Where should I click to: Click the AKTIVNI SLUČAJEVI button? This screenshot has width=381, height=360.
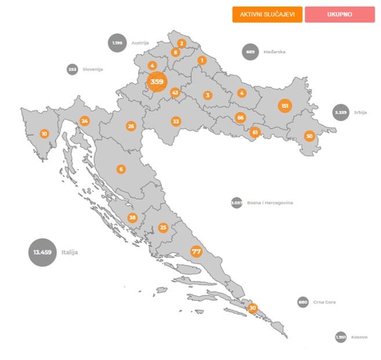point(267,14)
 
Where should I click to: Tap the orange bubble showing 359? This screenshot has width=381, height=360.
point(157,82)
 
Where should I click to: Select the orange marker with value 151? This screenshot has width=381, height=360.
point(284,106)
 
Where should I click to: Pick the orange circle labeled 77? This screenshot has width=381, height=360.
point(196,252)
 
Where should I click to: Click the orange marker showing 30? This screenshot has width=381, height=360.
point(252,308)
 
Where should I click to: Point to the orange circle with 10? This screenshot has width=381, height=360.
point(44,134)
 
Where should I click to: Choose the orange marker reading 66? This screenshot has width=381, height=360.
point(240,118)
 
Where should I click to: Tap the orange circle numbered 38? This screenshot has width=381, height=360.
point(132,218)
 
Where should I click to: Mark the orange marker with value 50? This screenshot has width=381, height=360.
point(309,136)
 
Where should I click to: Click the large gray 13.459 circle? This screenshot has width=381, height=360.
point(43,252)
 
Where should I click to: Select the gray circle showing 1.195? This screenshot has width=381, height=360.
point(118,43)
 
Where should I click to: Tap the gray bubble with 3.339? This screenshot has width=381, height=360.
point(341,112)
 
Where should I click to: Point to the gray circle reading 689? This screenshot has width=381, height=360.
point(251,52)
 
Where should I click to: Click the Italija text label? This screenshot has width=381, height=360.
point(70,253)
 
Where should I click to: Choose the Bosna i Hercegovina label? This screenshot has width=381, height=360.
point(270,203)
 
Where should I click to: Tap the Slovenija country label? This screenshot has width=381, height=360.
point(92,70)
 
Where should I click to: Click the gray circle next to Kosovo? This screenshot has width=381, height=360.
point(341,337)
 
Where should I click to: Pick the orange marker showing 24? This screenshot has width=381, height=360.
point(85,121)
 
